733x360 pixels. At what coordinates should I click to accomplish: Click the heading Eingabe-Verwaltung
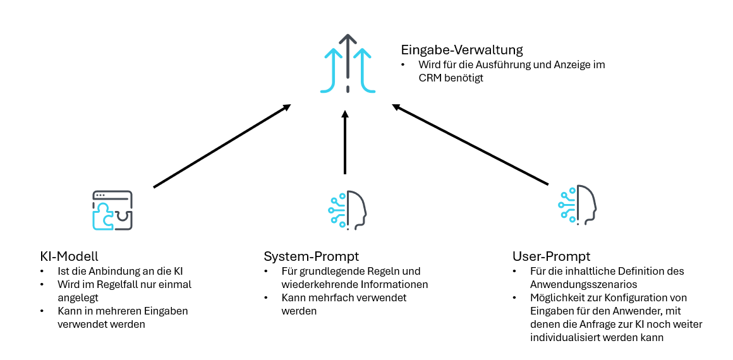tap(462, 49)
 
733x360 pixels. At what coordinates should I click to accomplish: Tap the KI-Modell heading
tap(69, 256)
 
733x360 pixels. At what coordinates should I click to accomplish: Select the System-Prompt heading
tap(311, 256)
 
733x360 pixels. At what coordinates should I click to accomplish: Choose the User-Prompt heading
tap(551, 256)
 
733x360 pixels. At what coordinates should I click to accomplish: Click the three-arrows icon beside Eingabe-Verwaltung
tap(347, 64)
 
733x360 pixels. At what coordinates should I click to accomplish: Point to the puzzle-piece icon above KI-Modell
tap(112, 210)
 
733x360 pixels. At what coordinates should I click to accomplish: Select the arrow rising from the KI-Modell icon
tap(222, 146)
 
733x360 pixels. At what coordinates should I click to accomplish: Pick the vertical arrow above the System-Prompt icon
tap(345, 142)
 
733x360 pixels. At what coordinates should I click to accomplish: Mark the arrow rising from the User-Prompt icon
tap(470, 145)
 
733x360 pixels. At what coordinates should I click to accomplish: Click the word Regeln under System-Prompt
tap(385, 271)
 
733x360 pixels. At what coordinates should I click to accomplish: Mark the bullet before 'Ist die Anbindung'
tap(42, 271)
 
